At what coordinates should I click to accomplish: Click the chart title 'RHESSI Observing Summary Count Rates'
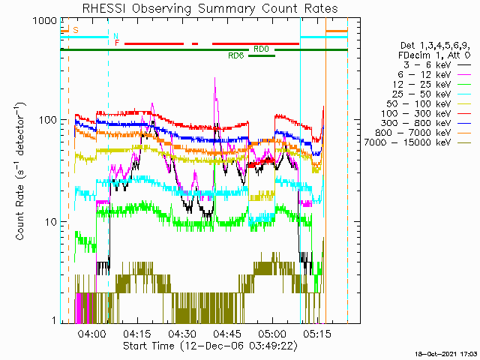click(210, 8)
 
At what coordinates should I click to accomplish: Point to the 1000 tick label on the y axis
click(45, 21)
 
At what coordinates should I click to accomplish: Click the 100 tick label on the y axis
click(48, 120)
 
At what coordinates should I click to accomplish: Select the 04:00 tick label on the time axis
click(92, 334)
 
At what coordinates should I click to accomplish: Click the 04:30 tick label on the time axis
click(182, 334)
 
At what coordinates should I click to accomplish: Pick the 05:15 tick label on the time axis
click(317, 334)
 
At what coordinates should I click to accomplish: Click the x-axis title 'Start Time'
click(148, 346)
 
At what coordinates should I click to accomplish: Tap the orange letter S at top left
click(76, 30)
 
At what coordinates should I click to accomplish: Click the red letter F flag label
click(117, 43)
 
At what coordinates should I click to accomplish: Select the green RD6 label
click(236, 55)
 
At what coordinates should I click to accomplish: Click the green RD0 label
click(261, 49)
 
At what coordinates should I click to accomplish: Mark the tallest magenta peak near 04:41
click(215, 78)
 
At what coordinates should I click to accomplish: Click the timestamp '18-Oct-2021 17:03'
click(446, 354)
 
